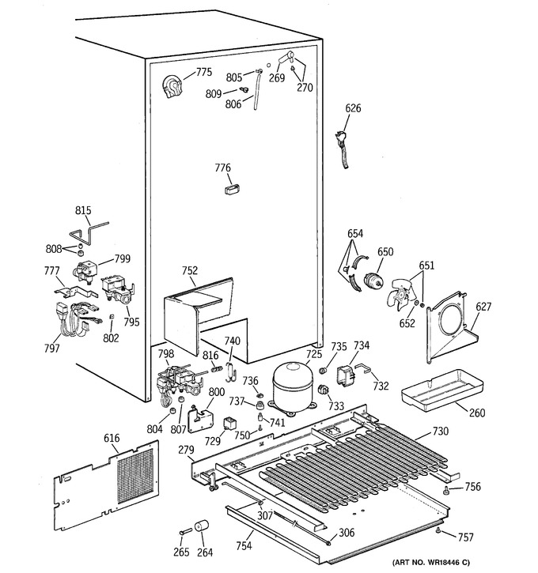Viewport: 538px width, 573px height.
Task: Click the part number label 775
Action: pos(203,72)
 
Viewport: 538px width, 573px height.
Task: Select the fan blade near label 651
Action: pos(400,294)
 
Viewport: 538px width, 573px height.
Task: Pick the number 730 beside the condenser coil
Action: pos(441,432)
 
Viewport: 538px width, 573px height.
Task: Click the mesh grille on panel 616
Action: pos(135,476)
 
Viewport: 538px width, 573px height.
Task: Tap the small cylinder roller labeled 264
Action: pos(201,526)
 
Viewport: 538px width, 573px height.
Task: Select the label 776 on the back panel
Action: pos(223,168)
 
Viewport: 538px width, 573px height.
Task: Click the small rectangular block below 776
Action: pos(232,190)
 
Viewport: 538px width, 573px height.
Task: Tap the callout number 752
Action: pos(190,270)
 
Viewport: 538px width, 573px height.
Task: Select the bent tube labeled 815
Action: pos(89,233)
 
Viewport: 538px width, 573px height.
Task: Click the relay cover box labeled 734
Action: pos(346,375)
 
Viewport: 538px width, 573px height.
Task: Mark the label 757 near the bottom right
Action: pos(465,537)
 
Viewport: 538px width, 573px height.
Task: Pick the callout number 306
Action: pos(347,533)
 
